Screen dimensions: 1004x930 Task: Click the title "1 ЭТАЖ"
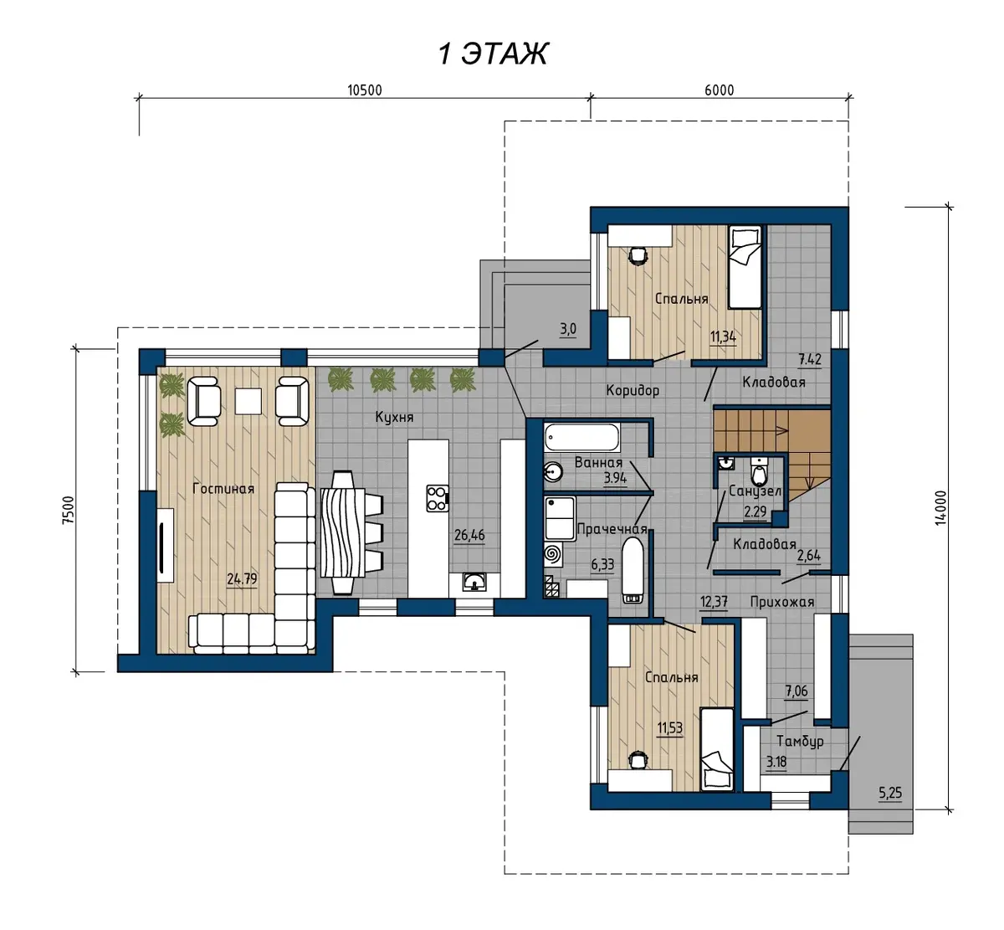tap(493, 54)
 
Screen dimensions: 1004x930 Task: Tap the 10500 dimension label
tap(365, 90)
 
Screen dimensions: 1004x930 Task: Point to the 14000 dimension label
tap(940, 508)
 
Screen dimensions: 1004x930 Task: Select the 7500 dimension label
tap(69, 510)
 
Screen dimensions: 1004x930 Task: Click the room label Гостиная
tap(223, 489)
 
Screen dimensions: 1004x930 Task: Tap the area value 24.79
tap(242, 578)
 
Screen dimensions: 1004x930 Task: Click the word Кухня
tap(394, 418)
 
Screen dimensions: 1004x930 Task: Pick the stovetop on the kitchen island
tap(438, 498)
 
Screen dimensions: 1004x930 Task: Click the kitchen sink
tap(474, 582)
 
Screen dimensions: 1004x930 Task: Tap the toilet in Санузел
tap(759, 471)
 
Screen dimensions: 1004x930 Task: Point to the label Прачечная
tap(612, 529)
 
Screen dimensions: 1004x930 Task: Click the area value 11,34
tap(723, 337)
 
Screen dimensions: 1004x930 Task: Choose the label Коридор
tap(633, 391)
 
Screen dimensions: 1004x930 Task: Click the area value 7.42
tap(810, 360)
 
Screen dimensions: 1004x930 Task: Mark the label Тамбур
tap(800, 742)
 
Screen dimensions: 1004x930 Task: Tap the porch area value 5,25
tap(890, 793)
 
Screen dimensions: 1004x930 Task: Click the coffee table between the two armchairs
tap(248, 401)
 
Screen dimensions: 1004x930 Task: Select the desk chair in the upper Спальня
tap(638, 255)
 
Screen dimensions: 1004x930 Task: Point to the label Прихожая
tap(782, 602)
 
